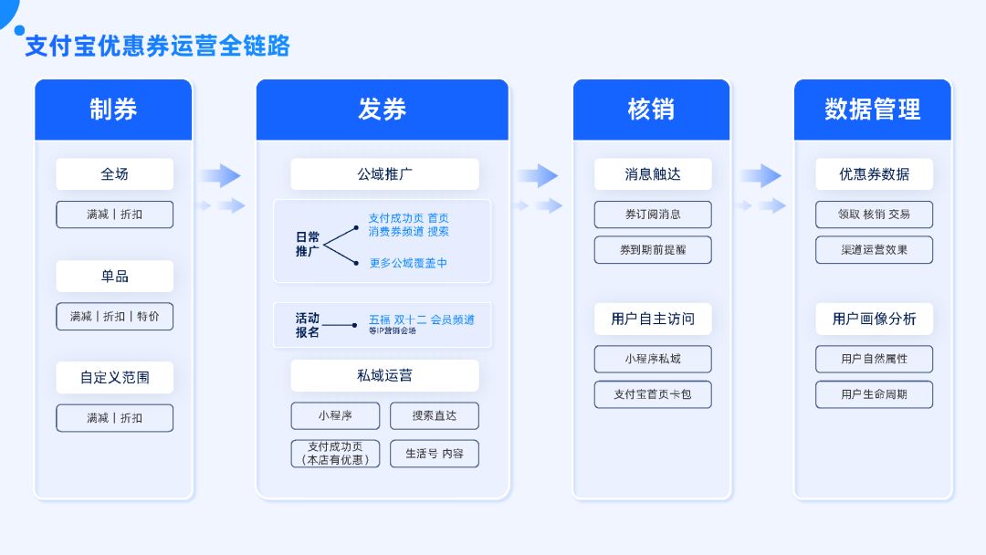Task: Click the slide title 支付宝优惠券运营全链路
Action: (x=157, y=46)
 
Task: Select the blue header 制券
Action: (x=113, y=110)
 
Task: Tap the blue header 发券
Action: (x=382, y=110)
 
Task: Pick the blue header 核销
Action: (x=651, y=110)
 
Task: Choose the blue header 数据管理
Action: (x=872, y=110)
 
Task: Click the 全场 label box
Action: (x=114, y=173)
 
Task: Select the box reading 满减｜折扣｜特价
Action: (x=114, y=316)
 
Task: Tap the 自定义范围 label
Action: (x=114, y=377)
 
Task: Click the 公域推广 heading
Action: (x=384, y=173)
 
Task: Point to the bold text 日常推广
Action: (x=308, y=244)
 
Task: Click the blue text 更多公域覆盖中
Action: (x=408, y=263)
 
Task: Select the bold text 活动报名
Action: (x=308, y=325)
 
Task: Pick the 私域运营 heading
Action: (x=384, y=375)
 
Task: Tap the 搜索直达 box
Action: (x=434, y=415)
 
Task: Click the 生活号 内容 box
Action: (x=434, y=454)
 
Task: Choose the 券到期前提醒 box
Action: (x=653, y=249)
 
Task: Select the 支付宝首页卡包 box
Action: (x=653, y=394)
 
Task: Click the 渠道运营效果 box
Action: (x=874, y=249)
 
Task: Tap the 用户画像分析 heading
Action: (x=874, y=319)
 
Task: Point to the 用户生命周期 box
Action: (x=874, y=394)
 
